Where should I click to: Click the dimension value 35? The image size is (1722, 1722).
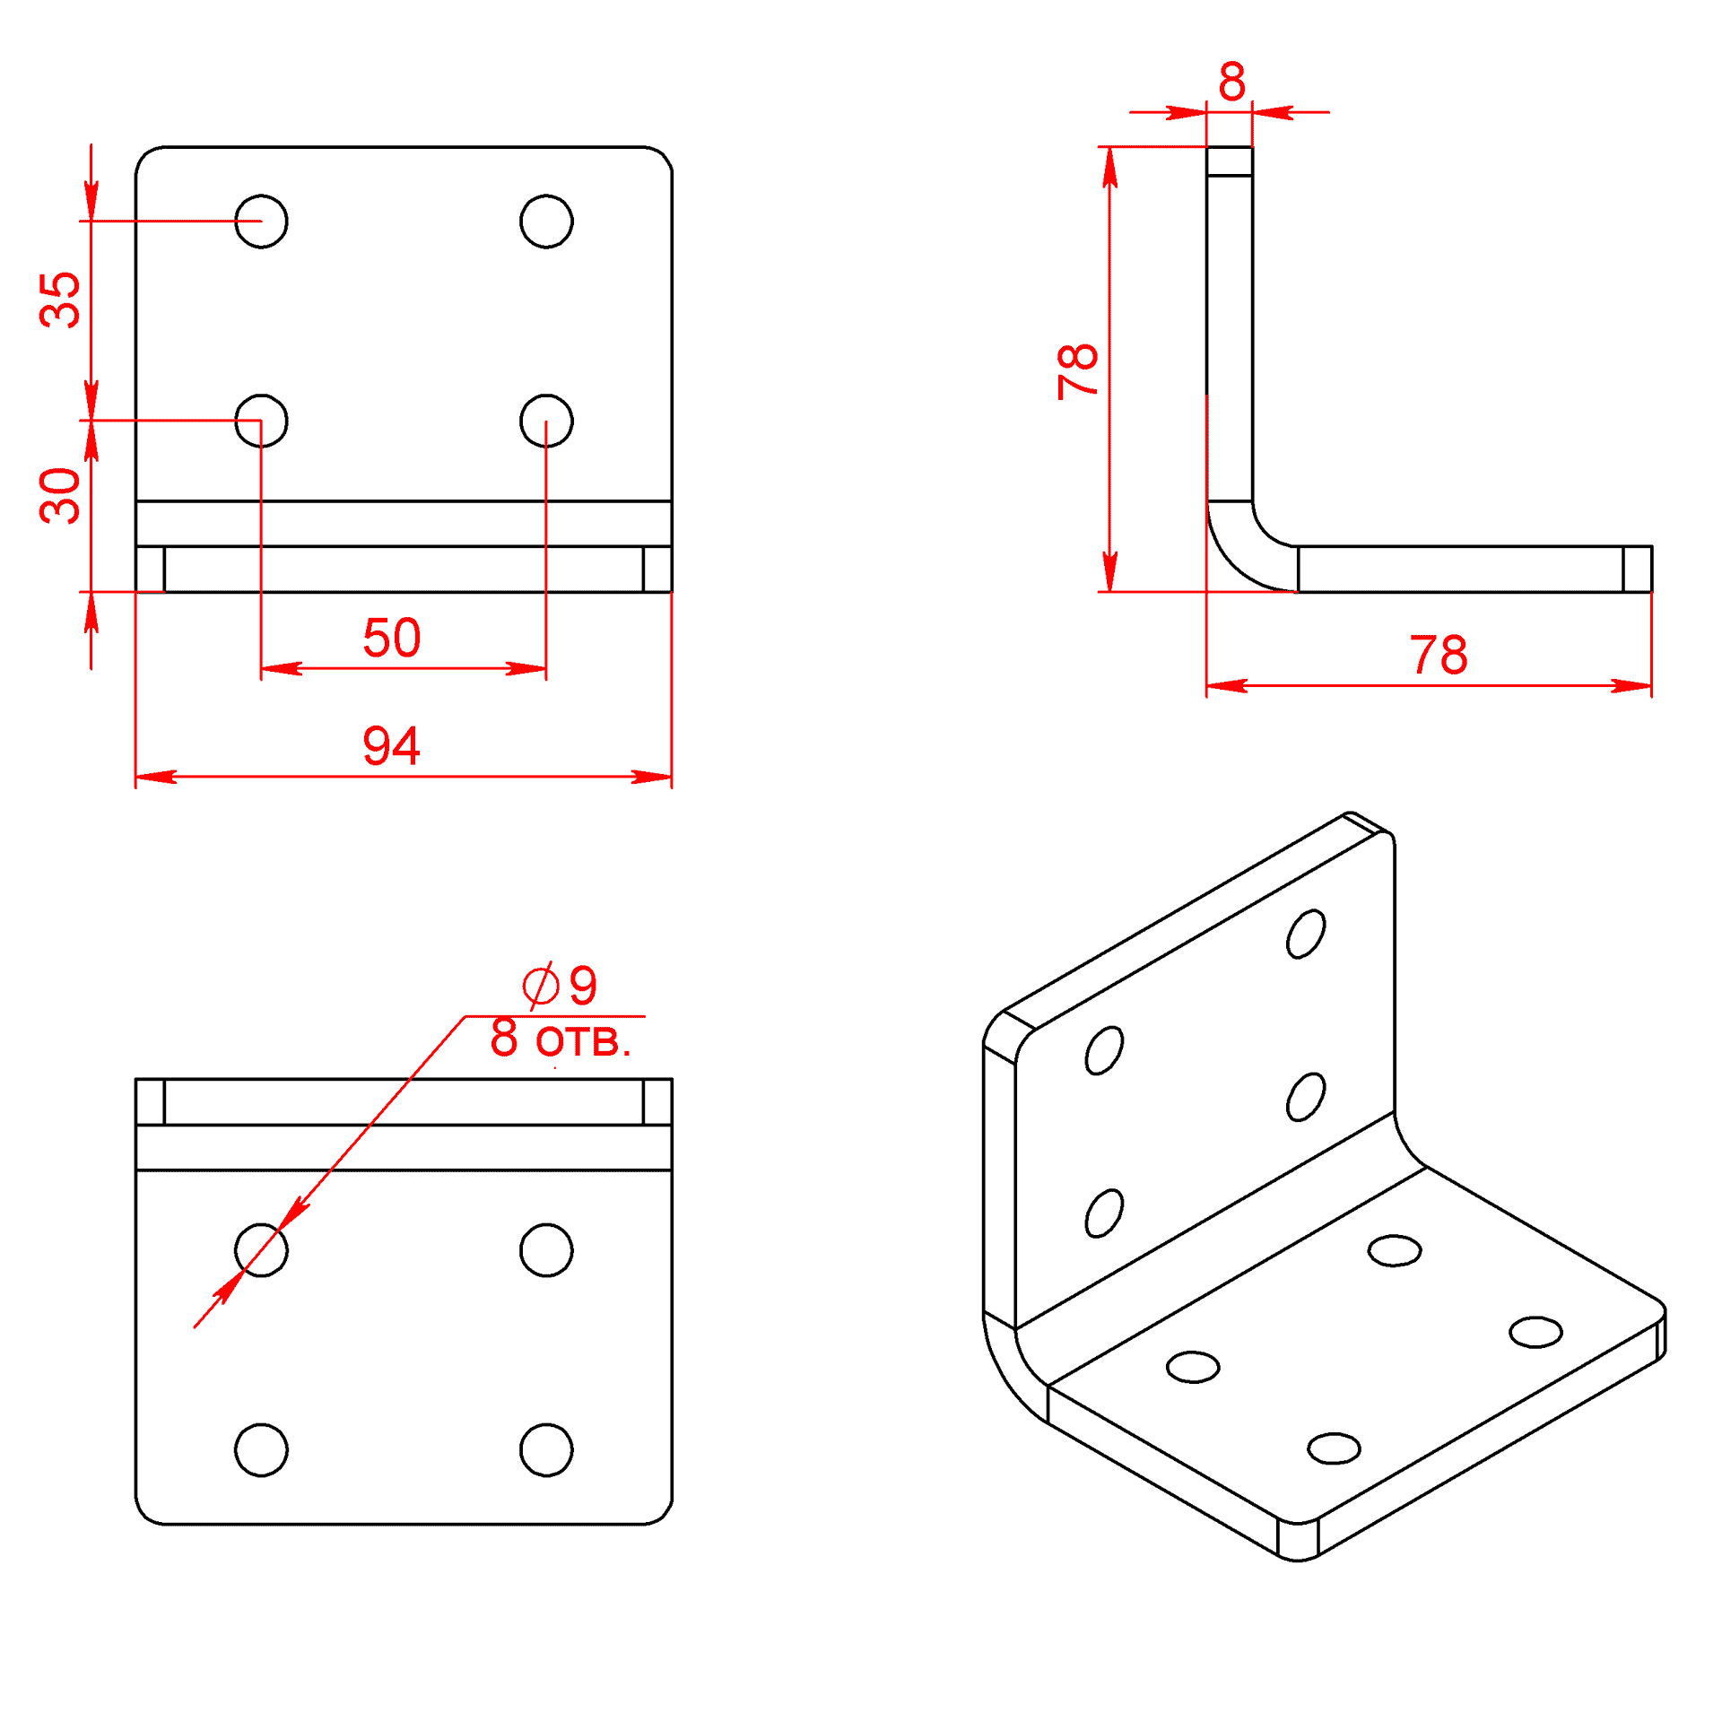60,300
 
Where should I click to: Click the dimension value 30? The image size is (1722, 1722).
60,495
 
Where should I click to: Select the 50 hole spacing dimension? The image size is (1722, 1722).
392,638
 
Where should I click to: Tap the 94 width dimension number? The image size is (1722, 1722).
392,745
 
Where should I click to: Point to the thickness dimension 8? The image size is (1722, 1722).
1231,82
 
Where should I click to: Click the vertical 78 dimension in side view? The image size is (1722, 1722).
1078,370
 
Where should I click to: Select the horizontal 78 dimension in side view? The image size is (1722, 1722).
1439,655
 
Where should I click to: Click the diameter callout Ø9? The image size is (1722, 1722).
561,986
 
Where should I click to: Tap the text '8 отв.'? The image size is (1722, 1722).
561,1039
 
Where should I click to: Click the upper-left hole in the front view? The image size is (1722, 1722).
261,221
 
